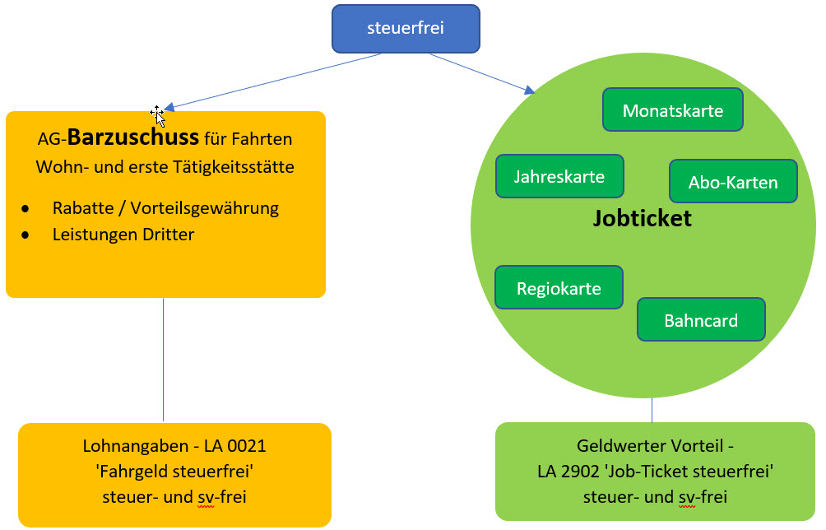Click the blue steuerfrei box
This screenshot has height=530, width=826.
[x=405, y=28]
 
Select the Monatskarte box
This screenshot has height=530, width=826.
[x=673, y=110]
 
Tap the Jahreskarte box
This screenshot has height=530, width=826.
[x=559, y=176]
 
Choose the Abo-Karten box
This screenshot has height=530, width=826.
[x=733, y=182]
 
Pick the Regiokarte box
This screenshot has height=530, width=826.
[x=559, y=288]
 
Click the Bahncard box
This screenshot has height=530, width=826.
[x=701, y=320]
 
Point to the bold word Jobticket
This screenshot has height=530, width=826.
[x=643, y=219]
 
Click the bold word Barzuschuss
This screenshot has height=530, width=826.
[x=133, y=137]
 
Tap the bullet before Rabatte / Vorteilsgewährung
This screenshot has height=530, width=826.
[x=27, y=208]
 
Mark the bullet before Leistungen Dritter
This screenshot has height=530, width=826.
[x=27, y=235]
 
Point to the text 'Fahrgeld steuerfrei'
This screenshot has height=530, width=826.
[x=174, y=472]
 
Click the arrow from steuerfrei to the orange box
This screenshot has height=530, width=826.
[x=271, y=81]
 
